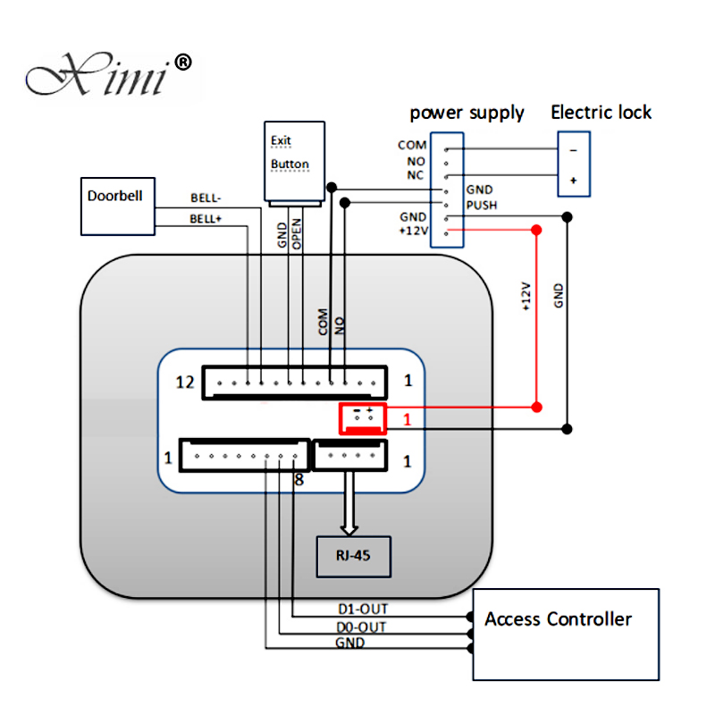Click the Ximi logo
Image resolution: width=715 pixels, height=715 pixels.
[x=108, y=74]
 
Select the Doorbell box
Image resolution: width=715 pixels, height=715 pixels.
[x=118, y=206]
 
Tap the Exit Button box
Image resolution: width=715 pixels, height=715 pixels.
[x=295, y=161]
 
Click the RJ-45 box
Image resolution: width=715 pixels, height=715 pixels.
[x=354, y=557]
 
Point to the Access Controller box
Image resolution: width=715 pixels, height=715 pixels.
[x=566, y=635]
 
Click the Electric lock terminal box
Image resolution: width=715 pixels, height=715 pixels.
[x=574, y=164]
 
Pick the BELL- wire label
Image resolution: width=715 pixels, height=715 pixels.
[x=206, y=198]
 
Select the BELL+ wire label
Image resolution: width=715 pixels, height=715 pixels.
[x=206, y=219]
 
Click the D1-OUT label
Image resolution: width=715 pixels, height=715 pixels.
[x=363, y=610]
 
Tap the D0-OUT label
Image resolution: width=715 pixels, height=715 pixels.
[x=361, y=627]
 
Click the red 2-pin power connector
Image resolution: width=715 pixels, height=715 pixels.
[x=363, y=418]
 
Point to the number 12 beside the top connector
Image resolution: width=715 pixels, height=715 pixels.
[x=185, y=383]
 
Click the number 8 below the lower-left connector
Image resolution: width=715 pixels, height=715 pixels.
[x=299, y=480]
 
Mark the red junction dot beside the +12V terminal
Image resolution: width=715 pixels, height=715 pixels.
[x=536, y=230]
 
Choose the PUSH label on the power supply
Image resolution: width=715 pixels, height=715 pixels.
[x=482, y=206]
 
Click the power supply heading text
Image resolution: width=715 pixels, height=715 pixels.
[x=467, y=114]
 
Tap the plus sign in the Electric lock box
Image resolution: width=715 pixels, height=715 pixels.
[x=574, y=181]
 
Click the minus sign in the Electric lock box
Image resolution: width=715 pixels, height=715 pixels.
[x=574, y=150]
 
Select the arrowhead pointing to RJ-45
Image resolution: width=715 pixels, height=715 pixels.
[x=349, y=530]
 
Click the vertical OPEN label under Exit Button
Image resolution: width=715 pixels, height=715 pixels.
[x=297, y=234]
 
